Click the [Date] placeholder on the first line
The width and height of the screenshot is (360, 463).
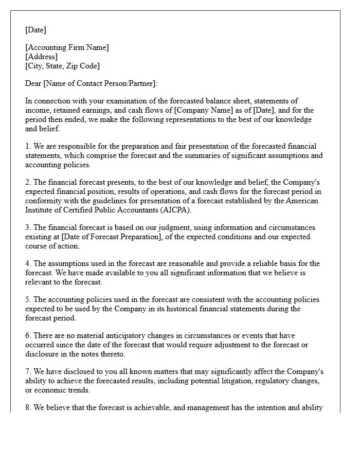pyautogui.click(x=35, y=30)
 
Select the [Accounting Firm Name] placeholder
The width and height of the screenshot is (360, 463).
pyautogui.click(x=67, y=47)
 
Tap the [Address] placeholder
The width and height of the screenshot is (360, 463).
pyautogui.click(x=41, y=57)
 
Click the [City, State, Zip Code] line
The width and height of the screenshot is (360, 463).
pyautogui.click(x=62, y=66)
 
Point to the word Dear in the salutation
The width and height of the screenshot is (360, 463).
pyautogui.click(x=33, y=83)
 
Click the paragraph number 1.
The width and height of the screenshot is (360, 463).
pyautogui.click(x=28, y=146)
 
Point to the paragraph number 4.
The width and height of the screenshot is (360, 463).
pyautogui.click(x=28, y=263)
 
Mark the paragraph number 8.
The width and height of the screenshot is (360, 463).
pyautogui.click(x=28, y=407)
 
